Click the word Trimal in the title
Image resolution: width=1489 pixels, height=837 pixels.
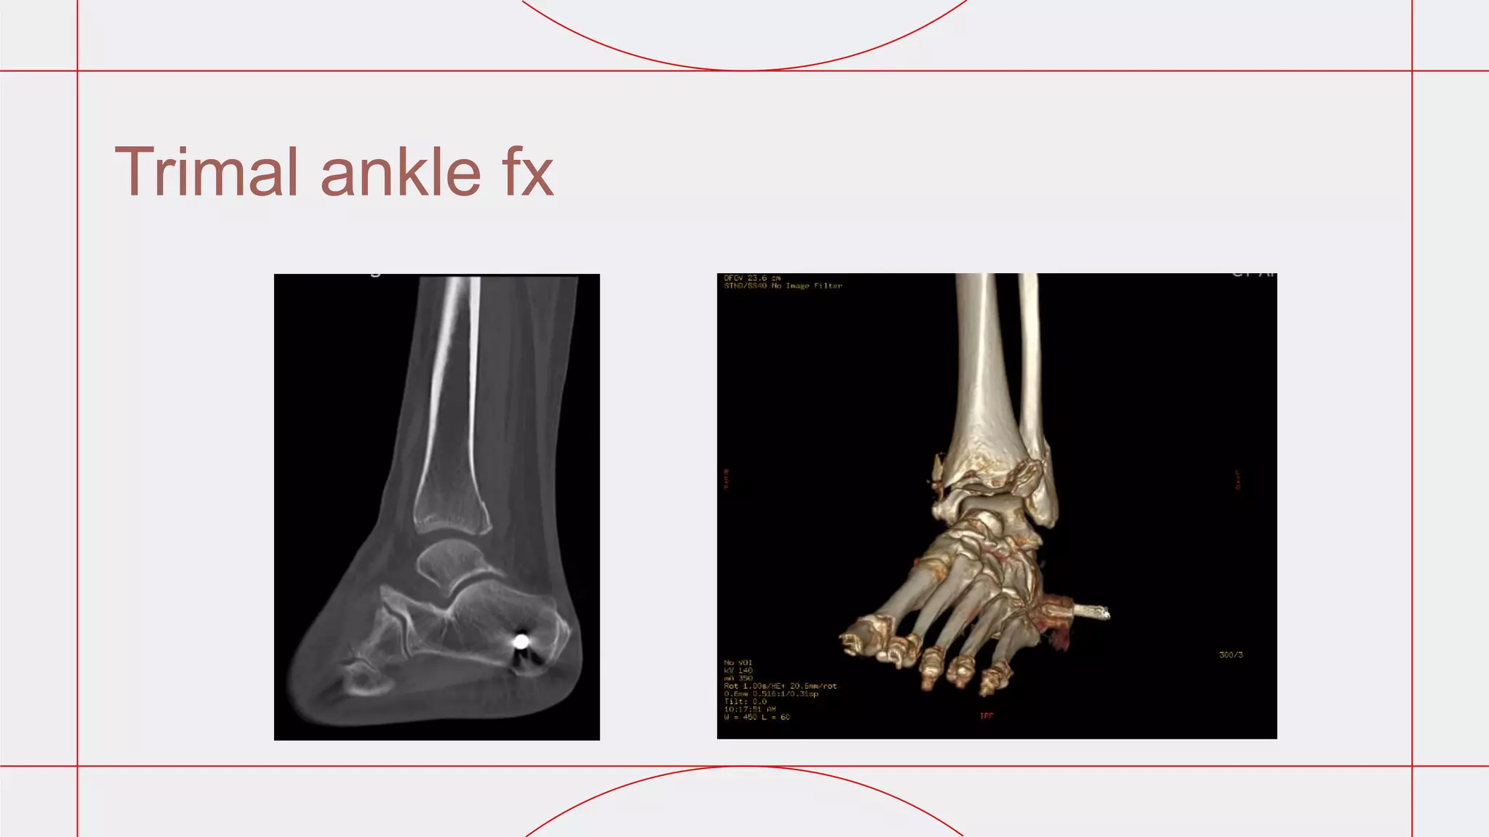point(206,172)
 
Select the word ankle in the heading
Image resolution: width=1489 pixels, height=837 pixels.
point(401,172)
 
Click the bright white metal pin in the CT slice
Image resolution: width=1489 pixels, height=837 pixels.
point(521,641)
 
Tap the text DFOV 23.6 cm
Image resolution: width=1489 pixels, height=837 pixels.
point(752,278)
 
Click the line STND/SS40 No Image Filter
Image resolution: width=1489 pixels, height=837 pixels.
point(782,286)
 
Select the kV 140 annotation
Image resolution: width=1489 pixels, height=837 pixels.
point(738,671)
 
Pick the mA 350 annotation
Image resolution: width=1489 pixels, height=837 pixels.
point(738,679)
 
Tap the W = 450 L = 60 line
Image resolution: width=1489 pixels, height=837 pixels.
point(757,717)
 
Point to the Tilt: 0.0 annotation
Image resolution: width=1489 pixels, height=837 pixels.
point(745,702)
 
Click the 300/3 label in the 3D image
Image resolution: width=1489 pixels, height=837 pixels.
point(1231,655)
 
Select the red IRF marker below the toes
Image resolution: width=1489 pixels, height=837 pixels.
point(987,716)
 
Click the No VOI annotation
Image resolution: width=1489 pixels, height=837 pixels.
point(738,663)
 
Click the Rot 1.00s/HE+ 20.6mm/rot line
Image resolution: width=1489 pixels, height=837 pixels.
point(780,686)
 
